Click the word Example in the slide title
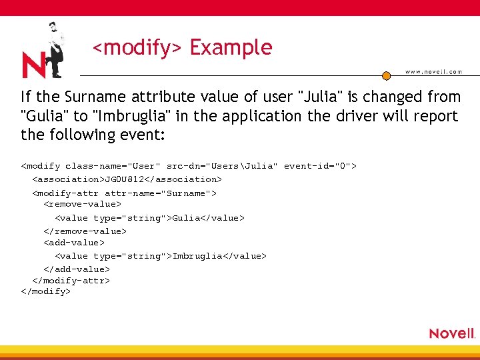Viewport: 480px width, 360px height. pos(231,48)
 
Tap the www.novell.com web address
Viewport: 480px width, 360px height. pos(433,72)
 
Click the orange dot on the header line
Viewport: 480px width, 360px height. pos(386,75)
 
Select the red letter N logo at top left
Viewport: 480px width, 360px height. pos(33,65)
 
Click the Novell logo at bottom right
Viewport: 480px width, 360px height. pos(451,333)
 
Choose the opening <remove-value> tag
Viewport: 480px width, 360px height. pos(83,205)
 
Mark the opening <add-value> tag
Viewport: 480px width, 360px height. pos(74,243)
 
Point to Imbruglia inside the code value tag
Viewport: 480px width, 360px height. pos(197,256)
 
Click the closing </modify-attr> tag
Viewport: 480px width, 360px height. pos(71,281)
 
